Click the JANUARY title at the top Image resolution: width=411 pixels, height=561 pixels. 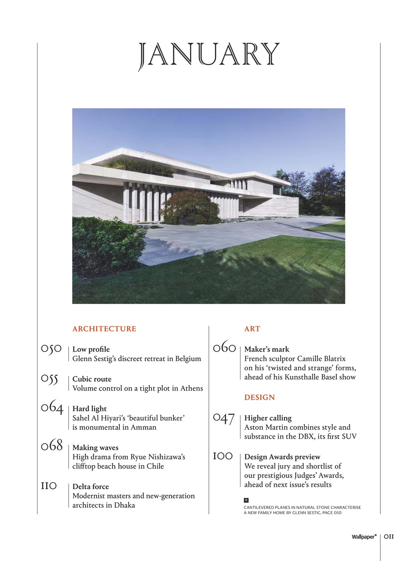(209, 56)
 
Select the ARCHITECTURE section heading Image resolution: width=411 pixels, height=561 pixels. (104, 329)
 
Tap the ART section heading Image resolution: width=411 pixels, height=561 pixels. (252, 329)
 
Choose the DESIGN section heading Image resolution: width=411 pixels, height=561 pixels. (260, 398)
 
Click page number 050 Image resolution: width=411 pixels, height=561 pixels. (51, 349)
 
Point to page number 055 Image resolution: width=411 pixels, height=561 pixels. (49, 379)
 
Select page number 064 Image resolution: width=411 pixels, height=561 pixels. (52, 408)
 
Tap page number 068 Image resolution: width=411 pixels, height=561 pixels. (52, 447)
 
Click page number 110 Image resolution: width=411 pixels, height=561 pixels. (49, 486)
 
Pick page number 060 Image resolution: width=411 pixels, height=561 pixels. (224, 348)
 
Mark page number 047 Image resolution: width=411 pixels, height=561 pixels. (224, 419)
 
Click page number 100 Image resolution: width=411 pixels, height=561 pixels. (222, 456)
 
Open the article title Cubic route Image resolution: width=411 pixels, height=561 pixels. (92, 379)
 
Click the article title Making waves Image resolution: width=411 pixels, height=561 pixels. (95, 447)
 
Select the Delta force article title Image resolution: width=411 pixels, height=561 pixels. (91, 486)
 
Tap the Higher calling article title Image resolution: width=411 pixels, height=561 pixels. (268, 418)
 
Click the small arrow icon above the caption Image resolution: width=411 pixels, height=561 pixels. (246, 500)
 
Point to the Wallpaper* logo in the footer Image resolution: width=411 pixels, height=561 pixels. (364, 536)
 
